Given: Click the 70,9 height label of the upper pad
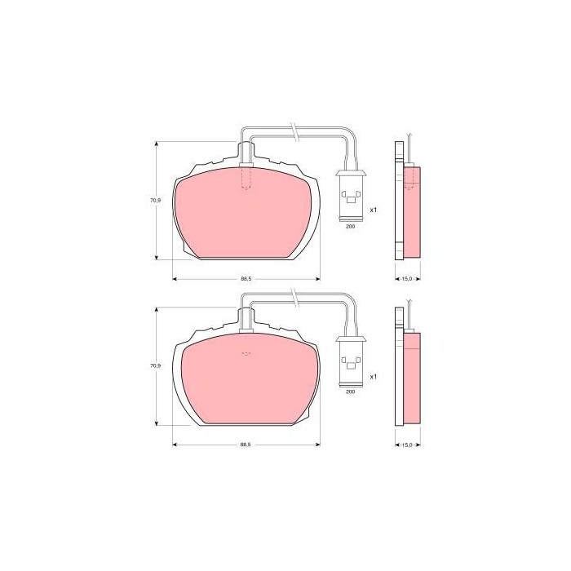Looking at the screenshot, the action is [x=156, y=201].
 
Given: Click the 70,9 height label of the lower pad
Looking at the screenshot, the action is [x=156, y=365].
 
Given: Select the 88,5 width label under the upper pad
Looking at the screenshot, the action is [x=246, y=279].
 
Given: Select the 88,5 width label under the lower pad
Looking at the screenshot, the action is [x=246, y=445].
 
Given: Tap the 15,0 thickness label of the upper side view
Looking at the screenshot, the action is [x=407, y=279].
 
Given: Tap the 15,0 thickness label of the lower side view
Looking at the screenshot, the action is [x=407, y=445].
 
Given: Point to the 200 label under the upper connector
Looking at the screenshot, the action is [x=350, y=226].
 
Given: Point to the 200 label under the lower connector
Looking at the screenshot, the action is [x=350, y=392].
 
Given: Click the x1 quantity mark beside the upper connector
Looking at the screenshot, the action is [x=374, y=210].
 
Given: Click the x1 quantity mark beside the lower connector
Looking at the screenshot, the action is [x=374, y=377].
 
